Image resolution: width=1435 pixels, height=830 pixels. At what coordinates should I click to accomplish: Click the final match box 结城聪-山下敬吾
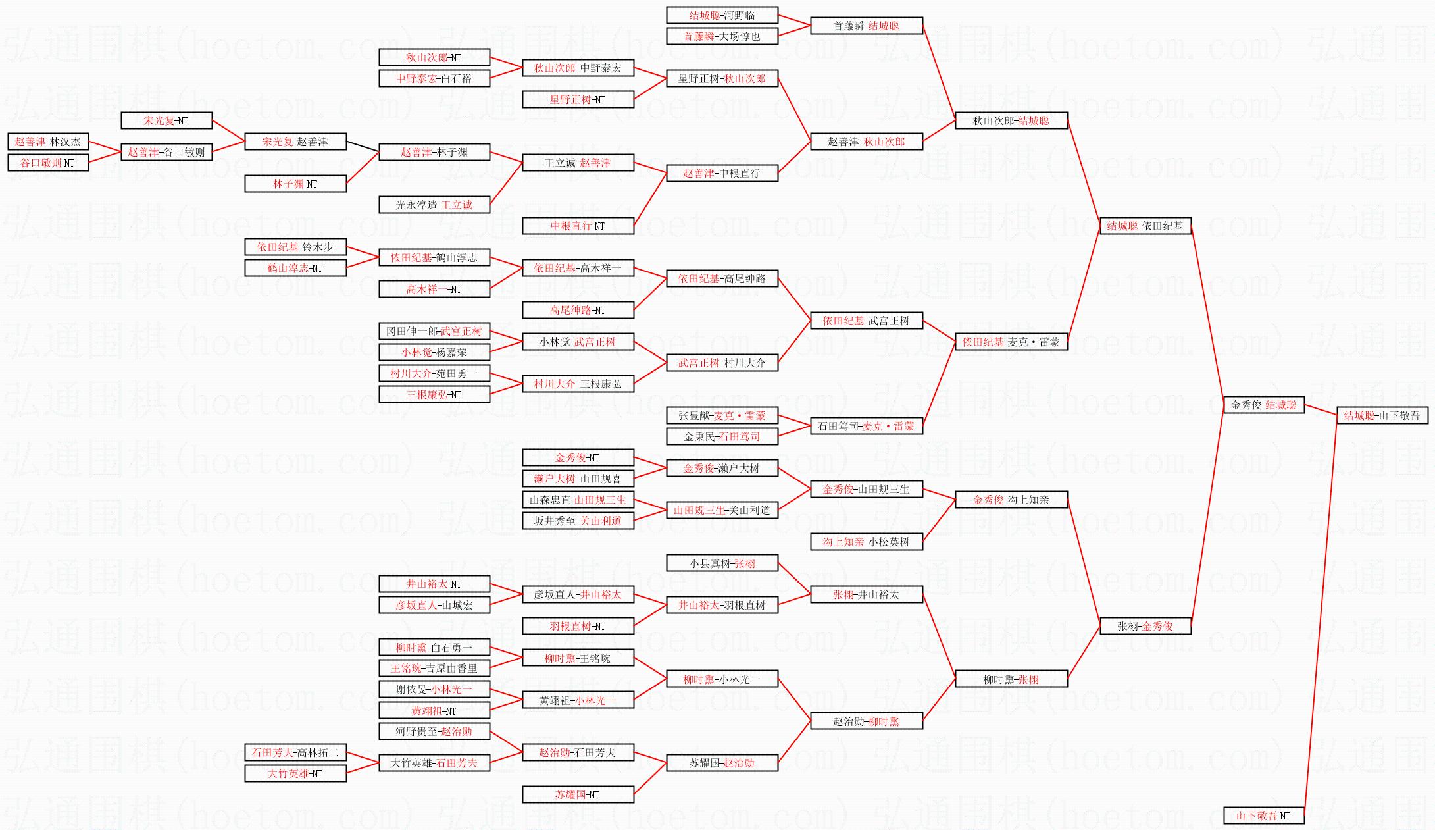pyautogui.click(x=1381, y=415)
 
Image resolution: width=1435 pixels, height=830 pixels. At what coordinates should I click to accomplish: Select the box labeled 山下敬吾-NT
pyautogui.click(x=1263, y=816)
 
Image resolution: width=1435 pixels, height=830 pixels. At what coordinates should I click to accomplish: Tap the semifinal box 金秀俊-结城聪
pyautogui.click(x=1263, y=405)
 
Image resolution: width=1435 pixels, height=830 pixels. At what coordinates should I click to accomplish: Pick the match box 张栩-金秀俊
pyautogui.click(x=1145, y=626)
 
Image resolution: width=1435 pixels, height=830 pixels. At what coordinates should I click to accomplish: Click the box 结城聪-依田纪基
pyautogui.click(x=1145, y=226)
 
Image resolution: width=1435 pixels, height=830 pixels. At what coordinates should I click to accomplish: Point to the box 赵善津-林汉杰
pyautogui.click(x=48, y=142)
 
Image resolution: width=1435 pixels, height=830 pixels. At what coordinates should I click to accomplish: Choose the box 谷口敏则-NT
pyautogui.click(x=48, y=163)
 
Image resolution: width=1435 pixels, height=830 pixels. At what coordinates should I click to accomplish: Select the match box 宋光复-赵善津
pyautogui.click(x=295, y=142)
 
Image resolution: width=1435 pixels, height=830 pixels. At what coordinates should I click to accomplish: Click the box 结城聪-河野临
pyautogui.click(x=722, y=15)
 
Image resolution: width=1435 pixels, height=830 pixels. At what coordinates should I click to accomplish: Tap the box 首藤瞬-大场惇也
pyautogui.click(x=722, y=36)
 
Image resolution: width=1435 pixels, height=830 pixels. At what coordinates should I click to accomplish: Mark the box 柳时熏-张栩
pyautogui.click(x=1011, y=679)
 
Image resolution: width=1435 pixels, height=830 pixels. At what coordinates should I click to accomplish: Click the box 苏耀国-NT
pyautogui.click(x=578, y=794)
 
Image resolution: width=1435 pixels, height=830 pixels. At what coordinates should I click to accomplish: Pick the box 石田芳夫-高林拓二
pyautogui.click(x=295, y=752)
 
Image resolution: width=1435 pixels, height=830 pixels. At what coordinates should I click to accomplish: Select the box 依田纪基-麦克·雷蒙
pyautogui.click(x=1011, y=342)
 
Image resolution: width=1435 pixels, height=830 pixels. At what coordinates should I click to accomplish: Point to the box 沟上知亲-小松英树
pyautogui.click(x=866, y=542)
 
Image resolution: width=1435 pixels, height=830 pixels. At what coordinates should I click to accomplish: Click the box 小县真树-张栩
pyautogui.click(x=722, y=563)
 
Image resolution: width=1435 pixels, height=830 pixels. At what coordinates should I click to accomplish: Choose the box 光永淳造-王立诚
pyautogui.click(x=434, y=205)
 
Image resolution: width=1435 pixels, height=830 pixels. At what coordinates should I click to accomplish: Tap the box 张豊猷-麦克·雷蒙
pyautogui.click(x=722, y=415)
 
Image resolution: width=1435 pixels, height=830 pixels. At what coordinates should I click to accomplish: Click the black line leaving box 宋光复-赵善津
pyautogui.click(x=363, y=147)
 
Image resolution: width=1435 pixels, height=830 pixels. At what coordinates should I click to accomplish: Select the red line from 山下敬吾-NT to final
pyautogui.click(x=1320, y=615)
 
